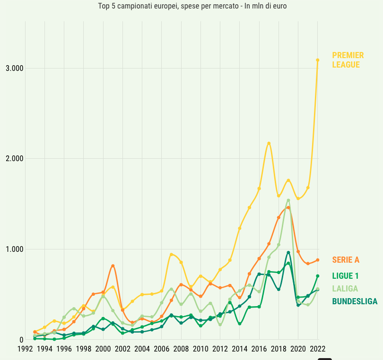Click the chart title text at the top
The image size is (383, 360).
pyautogui.click(x=192, y=6)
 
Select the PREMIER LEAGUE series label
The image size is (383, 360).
pyautogui.click(x=348, y=60)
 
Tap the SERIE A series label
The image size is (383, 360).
pyautogui.click(x=346, y=260)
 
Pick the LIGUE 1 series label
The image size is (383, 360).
pyautogui.click(x=345, y=276)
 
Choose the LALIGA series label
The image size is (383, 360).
pyautogui.click(x=345, y=289)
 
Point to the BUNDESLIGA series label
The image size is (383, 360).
pyautogui.click(x=355, y=301)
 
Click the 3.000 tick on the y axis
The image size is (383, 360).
pyautogui.click(x=14, y=68)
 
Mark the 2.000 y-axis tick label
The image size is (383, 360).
pyautogui.click(x=14, y=158)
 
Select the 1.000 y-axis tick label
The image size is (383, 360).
pyautogui.click(x=14, y=249)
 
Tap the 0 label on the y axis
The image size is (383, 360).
pyautogui.click(x=21, y=340)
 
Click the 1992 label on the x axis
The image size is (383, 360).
pyautogui.click(x=25, y=349)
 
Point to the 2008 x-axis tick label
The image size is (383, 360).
pyautogui.click(x=181, y=349)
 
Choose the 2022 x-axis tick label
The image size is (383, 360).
pyautogui.click(x=317, y=349)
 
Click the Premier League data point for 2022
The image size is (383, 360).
pyautogui.click(x=318, y=60)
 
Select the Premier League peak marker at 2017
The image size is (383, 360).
pyautogui.click(x=269, y=143)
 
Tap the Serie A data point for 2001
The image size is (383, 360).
pyautogui.click(x=113, y=266)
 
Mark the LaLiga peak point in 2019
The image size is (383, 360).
pyautogui.click(x=288, y=200)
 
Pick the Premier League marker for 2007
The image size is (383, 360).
pyautogui.click(x=171, y=254)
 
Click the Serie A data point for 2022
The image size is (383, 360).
pyautogui.click(x=318, y=260)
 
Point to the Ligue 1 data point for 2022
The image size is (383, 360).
pyautogui.click(x=318, y=276)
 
